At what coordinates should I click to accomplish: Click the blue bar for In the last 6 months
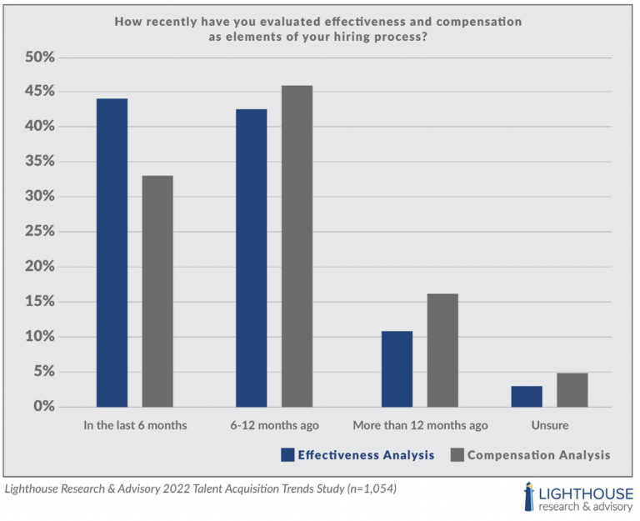pyautogui.click(x=112, y=253)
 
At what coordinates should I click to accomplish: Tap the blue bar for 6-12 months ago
pyautogui.click(x=251, y=258)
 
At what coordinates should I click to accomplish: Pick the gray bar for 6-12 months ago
pyautogui.click(x=297, y=246)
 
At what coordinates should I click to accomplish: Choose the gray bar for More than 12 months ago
pyautogui.click(x=442, y=350)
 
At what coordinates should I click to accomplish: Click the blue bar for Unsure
pyautogui.click(x=527, y=396)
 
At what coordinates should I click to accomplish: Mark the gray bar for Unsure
pyautogui.click(x=572, y=389)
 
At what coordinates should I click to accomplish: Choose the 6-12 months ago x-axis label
pyautogui.click(x=274, y=425)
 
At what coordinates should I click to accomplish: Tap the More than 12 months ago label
pyautogui.click(x=420, y=425)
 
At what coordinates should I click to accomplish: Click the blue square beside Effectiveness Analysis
pyautogui.click(x=287, y=455)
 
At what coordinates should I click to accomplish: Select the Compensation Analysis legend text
pyautogui.click(x=538, y=455)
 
